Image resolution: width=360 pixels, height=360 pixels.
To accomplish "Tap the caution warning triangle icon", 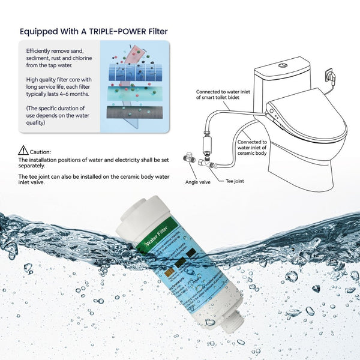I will pos(23,150).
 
